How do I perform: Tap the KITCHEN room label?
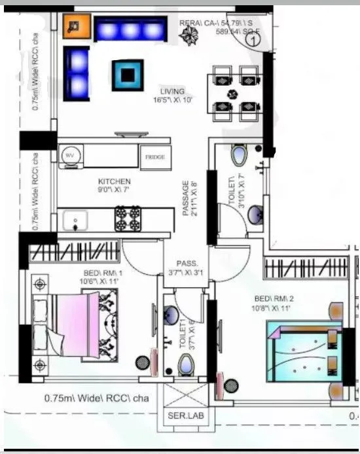[115, 181]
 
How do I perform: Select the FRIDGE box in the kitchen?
[155, 157]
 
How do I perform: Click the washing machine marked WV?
[70, 156]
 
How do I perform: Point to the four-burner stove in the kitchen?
[128, 218]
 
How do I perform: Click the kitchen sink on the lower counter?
[76, 219]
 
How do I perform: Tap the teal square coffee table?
[127, 75]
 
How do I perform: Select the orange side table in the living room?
[75, 27]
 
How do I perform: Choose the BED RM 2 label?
[273, 298]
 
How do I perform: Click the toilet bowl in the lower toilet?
[186, 364]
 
